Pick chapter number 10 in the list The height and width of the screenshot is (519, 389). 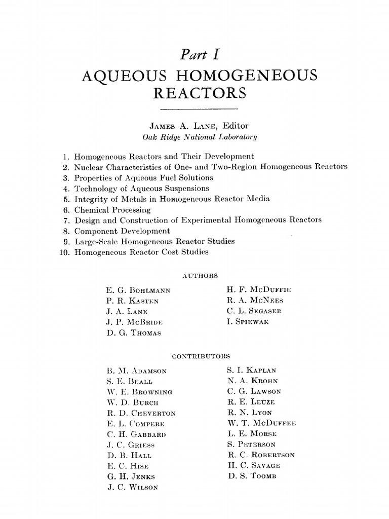pyautogui.click(x=64, y=251)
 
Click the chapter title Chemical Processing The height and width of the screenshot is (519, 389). pyautogui.click(x=112, y=209)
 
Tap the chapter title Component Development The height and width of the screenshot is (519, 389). pyautogui.click(x=122, y=231)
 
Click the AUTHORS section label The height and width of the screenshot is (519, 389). pyautogui.click(x=199, y=276)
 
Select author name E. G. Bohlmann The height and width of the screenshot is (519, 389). pyautogui.click(x=138, y=290)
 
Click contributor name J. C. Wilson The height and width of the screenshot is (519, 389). pyautogui.click(x=132, y=487)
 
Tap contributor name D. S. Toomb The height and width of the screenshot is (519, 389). pyautogui.click(x=252, y=476)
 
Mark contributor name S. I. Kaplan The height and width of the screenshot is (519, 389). pyautogui.click(x=252, y=370)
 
